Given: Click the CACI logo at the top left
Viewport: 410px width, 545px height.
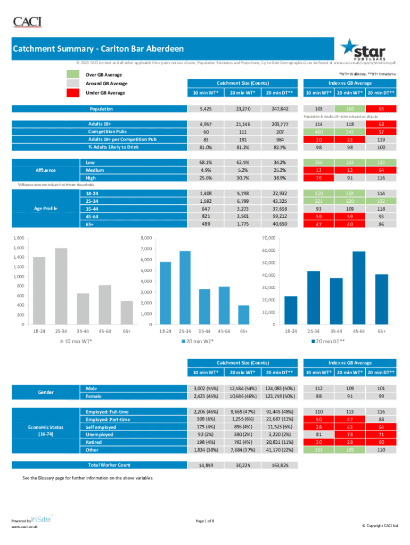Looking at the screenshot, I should coord(27,22).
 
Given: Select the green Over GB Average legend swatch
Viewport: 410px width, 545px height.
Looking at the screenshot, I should coord(73,75).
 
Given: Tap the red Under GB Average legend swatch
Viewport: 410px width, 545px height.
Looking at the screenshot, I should coord(73,93).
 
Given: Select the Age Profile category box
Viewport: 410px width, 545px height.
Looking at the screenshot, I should coord(45,208).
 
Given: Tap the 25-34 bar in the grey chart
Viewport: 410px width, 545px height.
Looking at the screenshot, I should coord(61,286).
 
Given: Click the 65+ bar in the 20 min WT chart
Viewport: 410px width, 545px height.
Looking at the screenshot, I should coord(243,315).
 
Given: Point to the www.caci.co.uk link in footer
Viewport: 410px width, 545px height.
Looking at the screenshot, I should coord(24,527).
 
